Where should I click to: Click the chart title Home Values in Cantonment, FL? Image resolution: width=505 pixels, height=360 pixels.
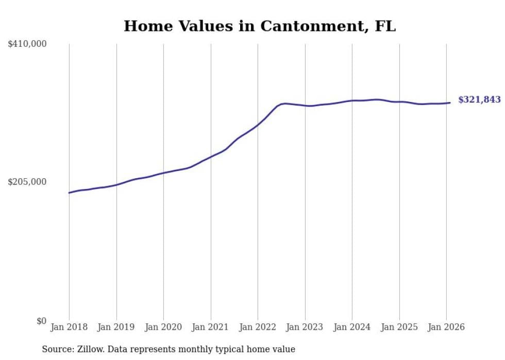260,26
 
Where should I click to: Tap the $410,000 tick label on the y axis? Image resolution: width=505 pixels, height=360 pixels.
27,44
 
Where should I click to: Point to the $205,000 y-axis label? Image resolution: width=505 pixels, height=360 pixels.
27,182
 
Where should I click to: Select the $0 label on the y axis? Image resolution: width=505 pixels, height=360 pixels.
41,321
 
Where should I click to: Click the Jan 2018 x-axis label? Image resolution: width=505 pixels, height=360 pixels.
69,328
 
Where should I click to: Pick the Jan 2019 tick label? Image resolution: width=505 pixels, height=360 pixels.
116,328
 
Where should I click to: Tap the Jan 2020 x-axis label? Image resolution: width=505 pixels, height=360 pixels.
163,328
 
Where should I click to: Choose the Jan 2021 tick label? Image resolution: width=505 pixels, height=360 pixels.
211,328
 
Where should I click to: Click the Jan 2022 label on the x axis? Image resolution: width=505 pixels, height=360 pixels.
258,328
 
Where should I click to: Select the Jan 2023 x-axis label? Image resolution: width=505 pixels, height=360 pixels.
305,328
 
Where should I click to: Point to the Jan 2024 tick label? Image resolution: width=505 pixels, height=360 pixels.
352,328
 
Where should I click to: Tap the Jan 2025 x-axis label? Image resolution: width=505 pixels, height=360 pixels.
399,328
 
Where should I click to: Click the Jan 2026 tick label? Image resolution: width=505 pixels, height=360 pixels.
446,328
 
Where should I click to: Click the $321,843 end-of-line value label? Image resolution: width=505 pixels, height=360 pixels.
479,100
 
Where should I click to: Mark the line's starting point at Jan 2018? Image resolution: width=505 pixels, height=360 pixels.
69,193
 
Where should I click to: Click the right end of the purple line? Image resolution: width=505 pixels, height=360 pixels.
450,102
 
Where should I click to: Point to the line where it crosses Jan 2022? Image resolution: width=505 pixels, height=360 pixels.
258,125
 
